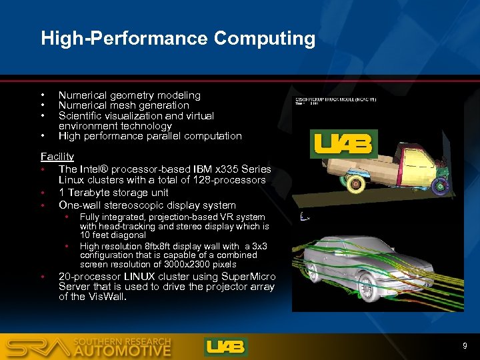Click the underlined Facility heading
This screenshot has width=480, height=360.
[x=57, y=156]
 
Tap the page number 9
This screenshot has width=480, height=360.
[x=465, y=346]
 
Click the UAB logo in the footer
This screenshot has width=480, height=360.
[x=226, y=347]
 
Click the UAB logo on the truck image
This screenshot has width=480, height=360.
[x=345, y=143]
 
